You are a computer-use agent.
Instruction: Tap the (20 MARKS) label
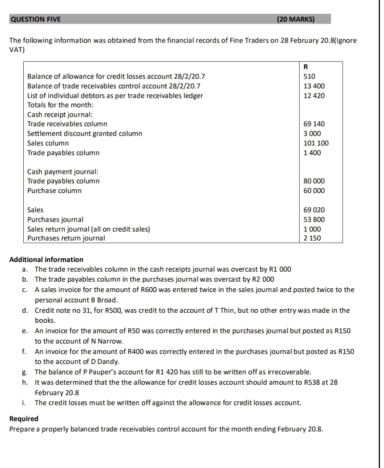pos(295,19)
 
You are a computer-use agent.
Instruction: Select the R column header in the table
pos(306,67)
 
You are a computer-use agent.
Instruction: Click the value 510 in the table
pos(309,77)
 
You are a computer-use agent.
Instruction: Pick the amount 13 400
pos(314,86)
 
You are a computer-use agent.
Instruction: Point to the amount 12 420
pos(314,96)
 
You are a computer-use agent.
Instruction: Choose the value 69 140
pos(314,124)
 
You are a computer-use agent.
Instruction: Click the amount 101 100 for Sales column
pos(316,143)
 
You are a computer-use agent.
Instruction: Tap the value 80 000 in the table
pos(314,181)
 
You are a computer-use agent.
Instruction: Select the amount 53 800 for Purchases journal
pos(314,219)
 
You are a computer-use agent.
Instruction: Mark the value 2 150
pos(312,238)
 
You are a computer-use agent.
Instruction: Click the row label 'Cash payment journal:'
pos(63,172)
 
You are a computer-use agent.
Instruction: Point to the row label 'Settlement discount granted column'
pos(85,133)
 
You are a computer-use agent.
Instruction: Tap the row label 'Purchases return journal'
pos(66,238)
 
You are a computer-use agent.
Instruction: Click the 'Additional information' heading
pos(46,259)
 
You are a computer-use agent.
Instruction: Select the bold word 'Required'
pos(24,419)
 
